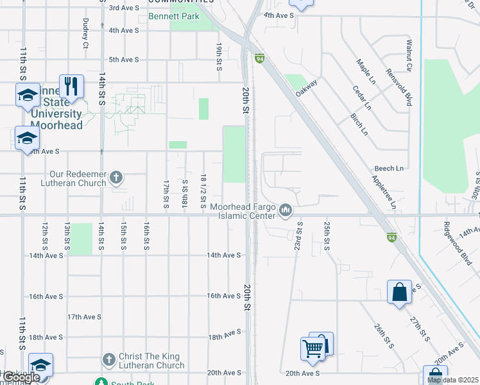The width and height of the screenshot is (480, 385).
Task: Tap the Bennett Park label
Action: [173, 17]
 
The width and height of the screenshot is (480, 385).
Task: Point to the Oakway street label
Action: [307, 89]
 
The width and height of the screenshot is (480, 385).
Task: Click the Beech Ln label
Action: [390, 169]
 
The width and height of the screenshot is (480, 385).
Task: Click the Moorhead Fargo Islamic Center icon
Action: [286, 210]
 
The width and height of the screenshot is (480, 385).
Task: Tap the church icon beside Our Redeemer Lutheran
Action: [116, 176]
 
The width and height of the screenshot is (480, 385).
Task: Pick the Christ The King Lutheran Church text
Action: [151, 361]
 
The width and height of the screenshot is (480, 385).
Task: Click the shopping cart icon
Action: [313, 349]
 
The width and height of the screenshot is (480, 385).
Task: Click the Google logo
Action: [21, 378]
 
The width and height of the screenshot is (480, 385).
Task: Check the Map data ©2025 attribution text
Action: [452, 381]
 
